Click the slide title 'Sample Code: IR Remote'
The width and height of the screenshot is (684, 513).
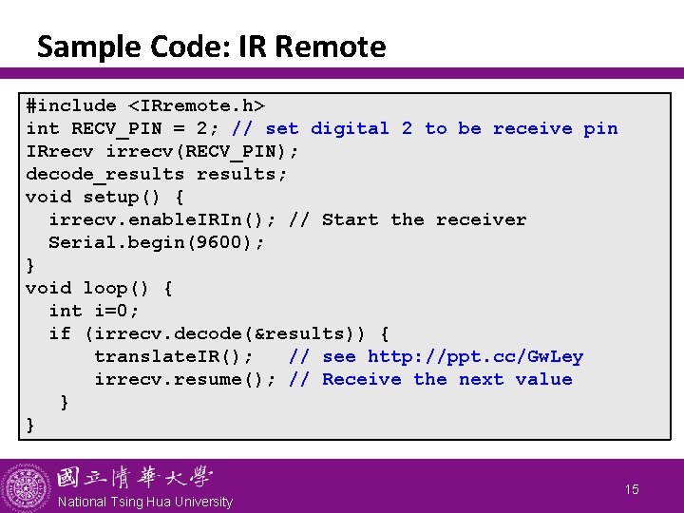(x=211, y=47)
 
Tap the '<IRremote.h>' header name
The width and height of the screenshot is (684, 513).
(x=197, y=105)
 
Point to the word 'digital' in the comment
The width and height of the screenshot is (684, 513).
(x=351, y=128)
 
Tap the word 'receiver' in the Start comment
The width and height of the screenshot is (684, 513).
(x=482, y=219)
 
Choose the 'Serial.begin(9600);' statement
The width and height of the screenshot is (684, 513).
(x=157, y=242)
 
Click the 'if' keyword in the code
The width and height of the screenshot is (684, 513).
(x=60, y=333)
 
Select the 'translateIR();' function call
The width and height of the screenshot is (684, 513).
(x=174, y=356)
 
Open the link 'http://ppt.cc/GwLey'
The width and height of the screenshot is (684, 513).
(x=476, y=356)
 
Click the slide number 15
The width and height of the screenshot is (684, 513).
(x=632, y=489)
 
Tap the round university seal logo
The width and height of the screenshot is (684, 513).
(x=27, y=486)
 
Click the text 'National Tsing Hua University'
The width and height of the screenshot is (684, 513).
(x=145, y=502)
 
